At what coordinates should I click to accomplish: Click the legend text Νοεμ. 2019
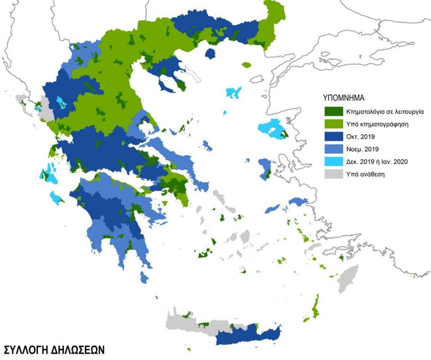pyautogui.click(x=363, y=149)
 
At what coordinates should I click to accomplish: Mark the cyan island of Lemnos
pyautogui.click(x=234, y=92)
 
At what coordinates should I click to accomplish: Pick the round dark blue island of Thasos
pyautogui.click(x=210, y=54)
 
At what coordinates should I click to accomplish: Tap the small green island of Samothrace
pyautogui.click(x=246, y=65)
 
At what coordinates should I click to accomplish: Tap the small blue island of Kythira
pyautogui.click(x=144, y=277)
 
